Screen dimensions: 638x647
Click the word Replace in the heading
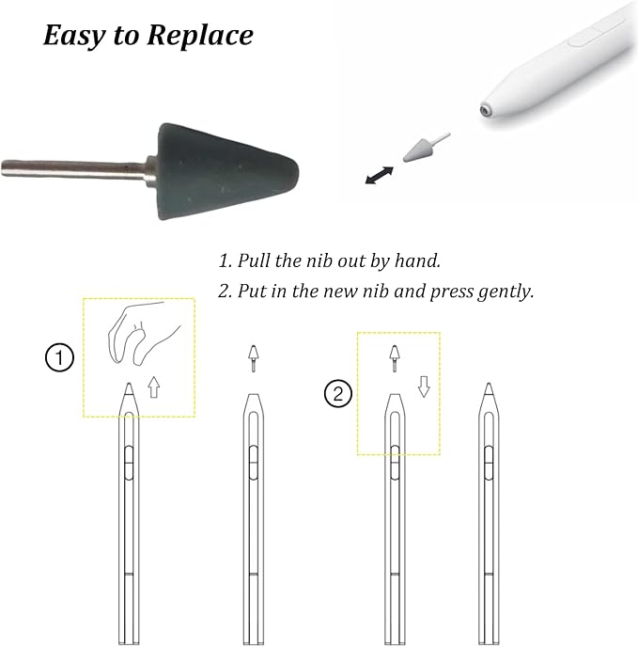pyautogui.click(x=200, y=36)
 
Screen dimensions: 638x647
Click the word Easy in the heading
pyautogui.click(x=74, y=37)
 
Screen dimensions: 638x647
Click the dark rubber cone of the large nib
pyautogui.click(x=226, y=171)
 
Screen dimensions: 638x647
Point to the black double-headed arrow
pyautogui.click(x=380, y=175)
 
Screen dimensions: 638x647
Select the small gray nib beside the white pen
pyautogui.click(x=422, y=150)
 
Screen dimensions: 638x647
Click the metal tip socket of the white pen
pyautogui.click(x=486, y=110)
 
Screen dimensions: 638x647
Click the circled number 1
pyautogui.click(x=59, y=357)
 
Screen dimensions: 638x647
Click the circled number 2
pyautogui.click(x=338, y=394)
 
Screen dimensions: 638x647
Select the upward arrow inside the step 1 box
pyautogui.click(x=154, y=387)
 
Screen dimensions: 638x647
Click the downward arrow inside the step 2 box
pyautogui.click(x=424, y=387)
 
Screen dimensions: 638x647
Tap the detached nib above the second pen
pyautogui.click(x=253, y=358)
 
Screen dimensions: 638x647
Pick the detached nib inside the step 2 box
pyautogui.click(x=395, y=358)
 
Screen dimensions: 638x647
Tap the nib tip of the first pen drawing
pyautogui.click(x=129, y=384)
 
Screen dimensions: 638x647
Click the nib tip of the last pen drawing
pyautogui.click(x=490, y=384)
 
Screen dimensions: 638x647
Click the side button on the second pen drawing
pyautogui.click(x=254, y=463)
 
